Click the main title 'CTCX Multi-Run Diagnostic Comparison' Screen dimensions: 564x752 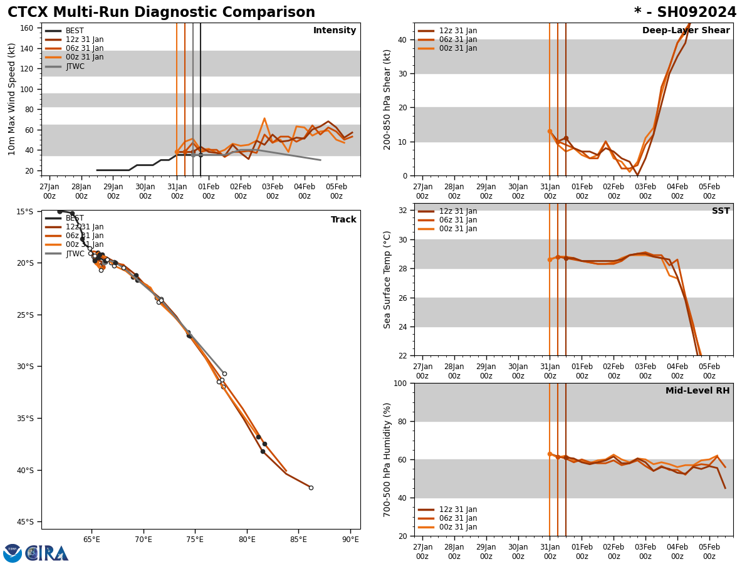click(x=161, y=13)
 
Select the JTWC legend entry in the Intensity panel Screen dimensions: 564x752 click(x=75, y=66)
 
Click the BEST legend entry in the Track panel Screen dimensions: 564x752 click(x=75, y=218)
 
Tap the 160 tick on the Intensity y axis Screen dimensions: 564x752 click(x=27, y=28)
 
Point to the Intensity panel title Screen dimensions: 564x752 click(x=335, y=31)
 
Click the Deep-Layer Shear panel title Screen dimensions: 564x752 click(x=686, y=31)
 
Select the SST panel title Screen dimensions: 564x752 click(x=721, y=211)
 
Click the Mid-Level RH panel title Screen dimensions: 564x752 click(x=697, y=391)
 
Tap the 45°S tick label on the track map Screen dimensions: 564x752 click(x=24, y=522)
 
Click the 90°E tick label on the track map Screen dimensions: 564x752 click(x=350, y=540)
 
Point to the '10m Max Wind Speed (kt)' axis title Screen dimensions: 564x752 click(x=12, y=99)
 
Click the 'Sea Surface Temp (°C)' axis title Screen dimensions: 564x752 click(x=387, y=279)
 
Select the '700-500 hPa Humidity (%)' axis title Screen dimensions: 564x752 click(x=387, y=459)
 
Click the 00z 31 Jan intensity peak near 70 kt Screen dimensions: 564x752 click(x=264, y=118)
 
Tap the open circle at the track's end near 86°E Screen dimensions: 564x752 click(x=311, y=488)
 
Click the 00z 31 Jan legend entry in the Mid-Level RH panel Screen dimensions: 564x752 click(x=458, y=527)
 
